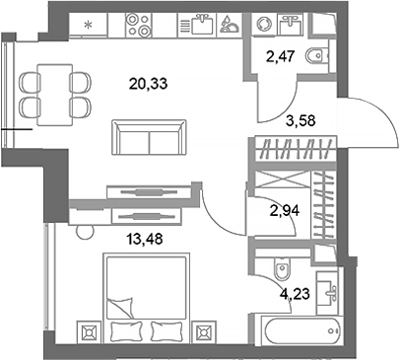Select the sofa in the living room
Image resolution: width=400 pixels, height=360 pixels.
(x=147, y=138)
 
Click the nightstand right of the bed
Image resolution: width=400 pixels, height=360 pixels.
(x=205, y=330)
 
